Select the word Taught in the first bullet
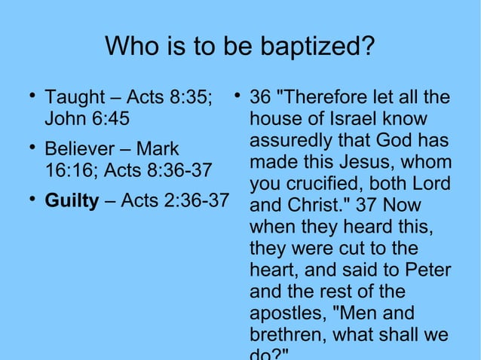pyautogui.click(x=75, y=98)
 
